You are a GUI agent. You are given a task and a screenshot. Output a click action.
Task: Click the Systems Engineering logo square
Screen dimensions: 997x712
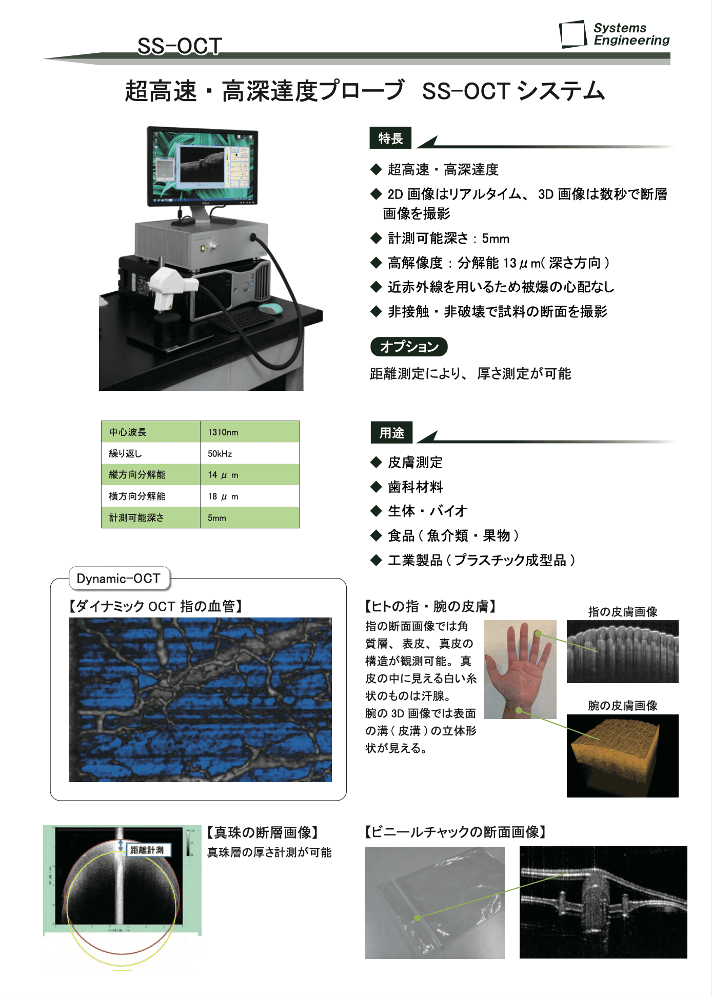tap(572, 34)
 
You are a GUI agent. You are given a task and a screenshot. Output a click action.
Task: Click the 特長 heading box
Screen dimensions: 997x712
tap(390, 138)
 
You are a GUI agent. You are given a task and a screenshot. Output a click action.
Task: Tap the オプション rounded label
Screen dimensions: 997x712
tap(409, 347)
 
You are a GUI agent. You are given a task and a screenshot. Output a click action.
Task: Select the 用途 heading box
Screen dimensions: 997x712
tap(391, 433)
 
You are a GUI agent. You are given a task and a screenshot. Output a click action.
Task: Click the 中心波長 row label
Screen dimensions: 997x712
tap(128, 432)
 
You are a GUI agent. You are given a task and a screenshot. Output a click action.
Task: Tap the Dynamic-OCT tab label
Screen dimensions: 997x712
tap(118, 579)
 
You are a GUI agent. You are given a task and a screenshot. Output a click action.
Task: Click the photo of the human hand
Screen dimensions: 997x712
tap(520, 669)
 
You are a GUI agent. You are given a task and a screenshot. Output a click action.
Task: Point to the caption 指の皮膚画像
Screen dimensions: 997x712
tap(622, 612)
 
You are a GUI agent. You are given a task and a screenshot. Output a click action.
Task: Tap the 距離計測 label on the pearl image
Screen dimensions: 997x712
tap(147, 850)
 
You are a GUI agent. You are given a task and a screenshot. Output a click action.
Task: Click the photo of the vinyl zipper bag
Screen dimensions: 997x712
tap(434, 903)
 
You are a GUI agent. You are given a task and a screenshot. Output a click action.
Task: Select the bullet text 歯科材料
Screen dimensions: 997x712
tap(415, 487)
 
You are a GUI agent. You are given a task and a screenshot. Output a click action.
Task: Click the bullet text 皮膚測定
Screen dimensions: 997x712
tap(415, 463)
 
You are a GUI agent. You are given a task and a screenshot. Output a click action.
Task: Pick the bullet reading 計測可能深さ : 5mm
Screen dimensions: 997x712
tap(448, 238)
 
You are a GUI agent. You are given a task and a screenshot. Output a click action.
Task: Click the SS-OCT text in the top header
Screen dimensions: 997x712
tap(180, 46)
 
